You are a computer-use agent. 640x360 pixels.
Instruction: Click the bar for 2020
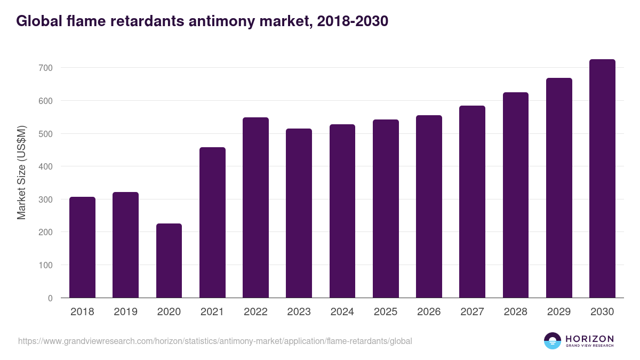coord(169,261)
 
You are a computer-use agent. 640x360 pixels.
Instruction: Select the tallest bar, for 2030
coord(602,179)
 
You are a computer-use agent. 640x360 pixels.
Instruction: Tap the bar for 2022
coord(255,207)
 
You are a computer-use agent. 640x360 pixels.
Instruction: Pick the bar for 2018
coord(82,247)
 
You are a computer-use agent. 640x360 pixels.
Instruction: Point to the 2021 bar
coord(212,222)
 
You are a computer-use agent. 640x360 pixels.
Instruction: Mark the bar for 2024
coord(342,211)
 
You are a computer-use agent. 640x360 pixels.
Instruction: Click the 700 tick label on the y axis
coord(46,68)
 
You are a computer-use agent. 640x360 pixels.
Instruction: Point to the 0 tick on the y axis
coord(51,298)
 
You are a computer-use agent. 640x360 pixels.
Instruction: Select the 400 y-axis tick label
coord(46,166)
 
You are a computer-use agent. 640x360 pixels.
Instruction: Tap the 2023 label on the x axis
coord(299,312)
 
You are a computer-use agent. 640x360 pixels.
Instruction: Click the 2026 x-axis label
coord(429,312)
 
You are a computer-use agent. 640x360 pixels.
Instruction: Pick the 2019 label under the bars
coord(125,312)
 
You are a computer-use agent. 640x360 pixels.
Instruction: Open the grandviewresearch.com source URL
coord(215,341)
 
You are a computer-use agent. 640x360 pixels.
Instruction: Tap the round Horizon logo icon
coord(552,341)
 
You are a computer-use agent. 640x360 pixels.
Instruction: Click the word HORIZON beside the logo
coord(589,339)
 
